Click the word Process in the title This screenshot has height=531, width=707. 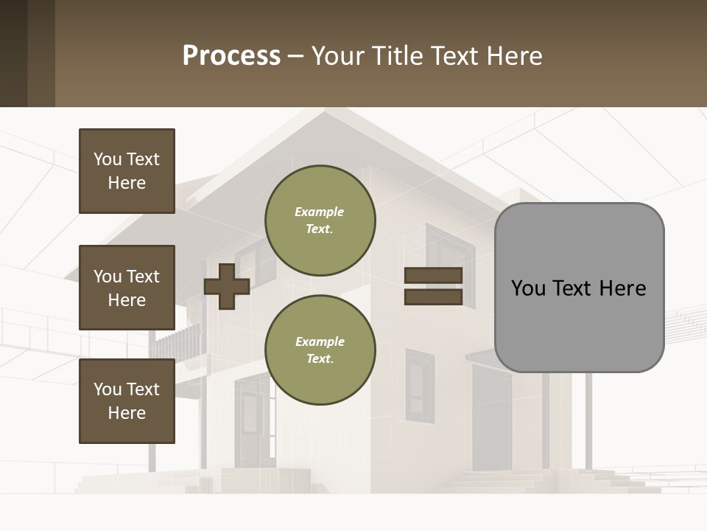pos(231,56)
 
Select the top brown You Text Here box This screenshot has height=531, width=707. pos(127,171)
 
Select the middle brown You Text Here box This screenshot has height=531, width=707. pos(127,288)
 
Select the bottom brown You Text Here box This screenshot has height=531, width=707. pos(127,400)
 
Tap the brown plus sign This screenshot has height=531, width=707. pos(226,286)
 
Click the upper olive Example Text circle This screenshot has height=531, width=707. pos(320,221)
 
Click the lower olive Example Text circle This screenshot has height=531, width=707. pos(320,350)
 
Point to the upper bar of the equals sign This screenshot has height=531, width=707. pos(433,276)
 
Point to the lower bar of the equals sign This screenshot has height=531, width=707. pos(433,297)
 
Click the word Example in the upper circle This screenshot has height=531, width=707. pos(319,212)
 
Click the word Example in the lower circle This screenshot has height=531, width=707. pos(320,341)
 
